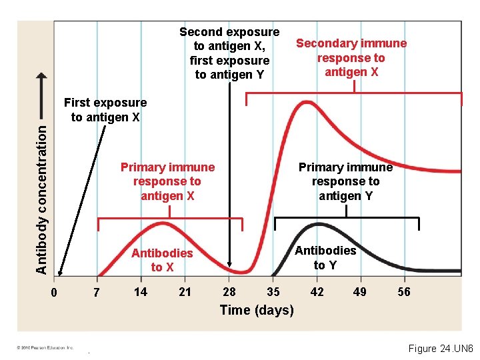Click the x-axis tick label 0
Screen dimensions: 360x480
55,293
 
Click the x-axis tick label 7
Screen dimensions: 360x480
97,293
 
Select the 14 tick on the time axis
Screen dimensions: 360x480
141,292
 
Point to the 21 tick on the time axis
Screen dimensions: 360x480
185,292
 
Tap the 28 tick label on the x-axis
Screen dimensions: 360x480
229,292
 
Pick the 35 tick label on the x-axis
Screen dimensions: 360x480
273,292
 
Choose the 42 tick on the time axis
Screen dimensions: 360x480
317,292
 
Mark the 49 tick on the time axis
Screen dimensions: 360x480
360,292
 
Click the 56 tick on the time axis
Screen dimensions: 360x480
404,292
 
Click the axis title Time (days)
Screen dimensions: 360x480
257,310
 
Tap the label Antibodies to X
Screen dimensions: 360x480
162,260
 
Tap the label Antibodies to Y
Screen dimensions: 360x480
325,257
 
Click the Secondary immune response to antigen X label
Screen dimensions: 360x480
351,57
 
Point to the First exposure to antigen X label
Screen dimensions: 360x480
105,110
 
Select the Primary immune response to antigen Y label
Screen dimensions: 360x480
345,181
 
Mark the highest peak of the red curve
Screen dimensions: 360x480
306,102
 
